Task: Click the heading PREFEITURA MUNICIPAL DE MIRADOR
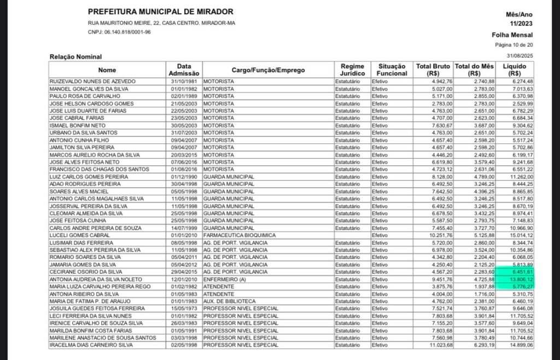coord(160,11)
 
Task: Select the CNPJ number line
coord(119,32)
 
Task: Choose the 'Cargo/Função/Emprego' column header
coord(268,69)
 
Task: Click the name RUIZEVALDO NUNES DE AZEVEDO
coord(92,82)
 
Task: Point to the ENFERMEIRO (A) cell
coord(224,279)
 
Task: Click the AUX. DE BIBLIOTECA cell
coord(229,301)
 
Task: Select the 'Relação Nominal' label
coord(75,56)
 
